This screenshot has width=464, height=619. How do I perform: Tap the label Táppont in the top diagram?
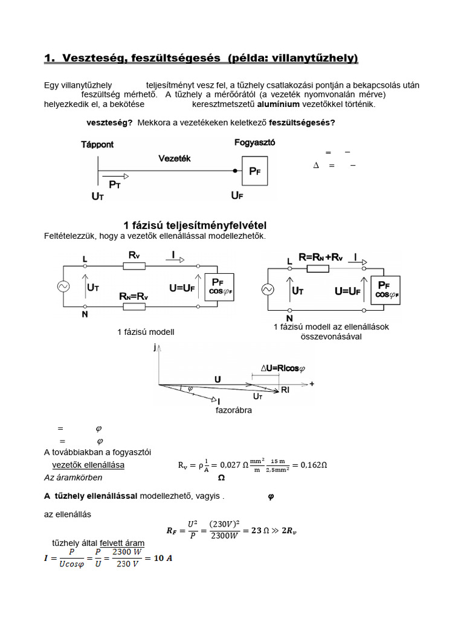[97, 144]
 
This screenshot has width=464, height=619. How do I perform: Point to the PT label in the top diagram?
[115, 185]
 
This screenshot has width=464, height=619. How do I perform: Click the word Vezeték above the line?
[175, 158]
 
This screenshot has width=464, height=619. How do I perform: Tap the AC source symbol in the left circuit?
[63, 287]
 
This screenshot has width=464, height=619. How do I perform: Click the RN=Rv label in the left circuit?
[134, 297]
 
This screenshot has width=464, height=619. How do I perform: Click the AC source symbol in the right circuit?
[268, 290]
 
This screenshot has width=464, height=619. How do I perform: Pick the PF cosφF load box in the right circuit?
[384, 290]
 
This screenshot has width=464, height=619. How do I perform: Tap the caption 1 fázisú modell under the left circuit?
[146, 332]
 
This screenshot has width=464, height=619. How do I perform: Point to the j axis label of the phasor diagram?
[155, 348]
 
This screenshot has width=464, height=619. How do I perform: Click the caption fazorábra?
[234, 410]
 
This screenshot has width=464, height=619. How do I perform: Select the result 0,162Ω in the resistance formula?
[314, 465]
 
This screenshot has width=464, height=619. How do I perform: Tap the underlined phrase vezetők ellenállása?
[88, 464]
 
